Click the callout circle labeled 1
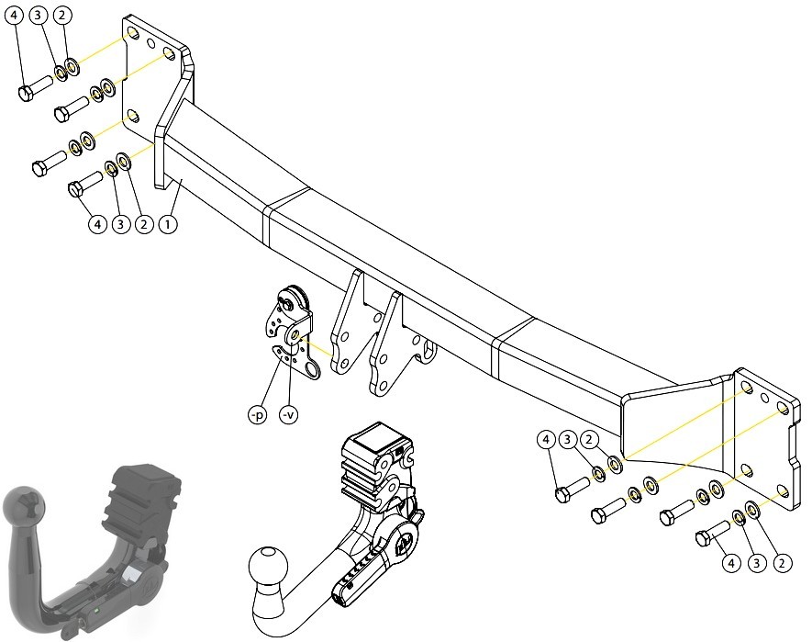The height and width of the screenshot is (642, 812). coord(167,224)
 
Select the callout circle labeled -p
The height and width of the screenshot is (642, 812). coord(258,415)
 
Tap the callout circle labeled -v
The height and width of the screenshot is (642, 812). coord(289,415)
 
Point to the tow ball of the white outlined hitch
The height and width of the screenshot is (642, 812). coord(268,567)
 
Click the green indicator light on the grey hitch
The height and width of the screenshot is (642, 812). coord(96,611)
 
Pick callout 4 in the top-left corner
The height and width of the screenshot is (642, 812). coord(14,15)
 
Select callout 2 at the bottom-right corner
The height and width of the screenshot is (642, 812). coord(782,563)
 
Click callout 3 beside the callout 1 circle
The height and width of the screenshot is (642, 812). coord(121,224)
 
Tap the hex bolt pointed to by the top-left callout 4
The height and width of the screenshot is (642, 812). coord(35,87)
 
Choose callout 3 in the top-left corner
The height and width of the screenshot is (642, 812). coord(38,15)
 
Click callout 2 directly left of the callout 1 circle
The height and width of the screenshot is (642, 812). coord(144,224)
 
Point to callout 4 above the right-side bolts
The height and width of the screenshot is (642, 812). coord(546,440)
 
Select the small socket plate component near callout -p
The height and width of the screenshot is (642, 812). coord(291,332)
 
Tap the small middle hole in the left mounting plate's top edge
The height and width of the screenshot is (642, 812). coord(150,43)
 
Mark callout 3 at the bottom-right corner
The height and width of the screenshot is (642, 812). coord(757,563)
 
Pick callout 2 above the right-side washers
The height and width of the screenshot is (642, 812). coord(589,440)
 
